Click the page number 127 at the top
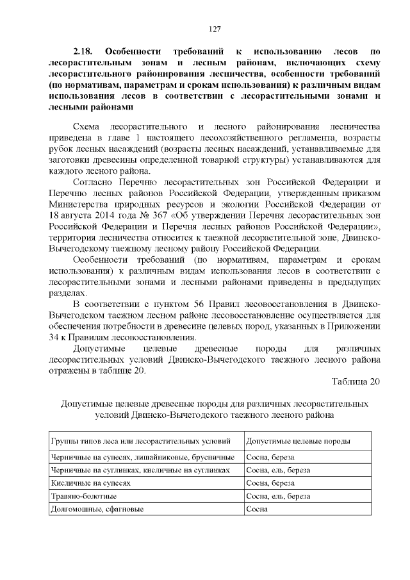(215, 29)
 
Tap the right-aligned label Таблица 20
(356, 382)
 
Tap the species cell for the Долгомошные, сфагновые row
(256, 509)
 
